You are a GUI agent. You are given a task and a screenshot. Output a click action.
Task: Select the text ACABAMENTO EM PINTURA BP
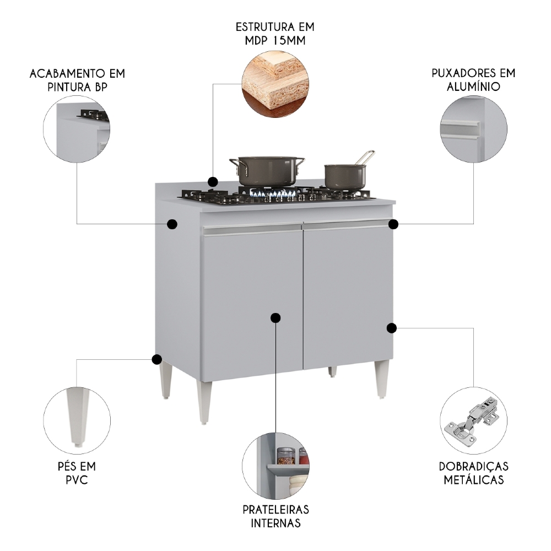click(x=77, y=80)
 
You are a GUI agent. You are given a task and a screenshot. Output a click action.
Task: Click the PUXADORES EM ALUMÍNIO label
click(x=473, y=80)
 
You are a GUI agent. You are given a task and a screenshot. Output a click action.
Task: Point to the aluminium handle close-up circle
click(x=473, y=132)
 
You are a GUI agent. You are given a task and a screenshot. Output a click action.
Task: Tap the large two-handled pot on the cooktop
click(x=267, y=170)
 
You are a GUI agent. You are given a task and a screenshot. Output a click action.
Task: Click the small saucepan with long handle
click(x=345, y=175)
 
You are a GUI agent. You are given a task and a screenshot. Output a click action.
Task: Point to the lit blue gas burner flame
click(x=270, y=193)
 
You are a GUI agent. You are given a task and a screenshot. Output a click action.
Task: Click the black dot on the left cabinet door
click(x=276, y=317)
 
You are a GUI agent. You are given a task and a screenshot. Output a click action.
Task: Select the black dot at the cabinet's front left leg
click(x=156, y=359)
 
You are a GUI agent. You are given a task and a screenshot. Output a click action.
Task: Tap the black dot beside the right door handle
click(x=393, y=224)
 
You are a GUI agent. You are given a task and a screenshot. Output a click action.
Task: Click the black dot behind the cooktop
click(x=213, y=181)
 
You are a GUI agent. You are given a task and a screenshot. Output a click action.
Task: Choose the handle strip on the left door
click(x=253, y=230)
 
